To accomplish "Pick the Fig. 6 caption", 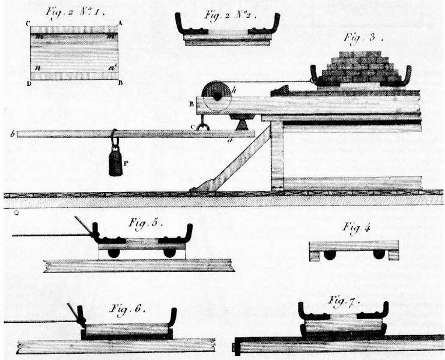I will (x=129, y=310).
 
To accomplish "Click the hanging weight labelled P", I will (x=117, y=161).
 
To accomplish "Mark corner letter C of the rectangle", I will (x=28, y=23).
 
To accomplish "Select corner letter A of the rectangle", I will (x=121, y=23).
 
